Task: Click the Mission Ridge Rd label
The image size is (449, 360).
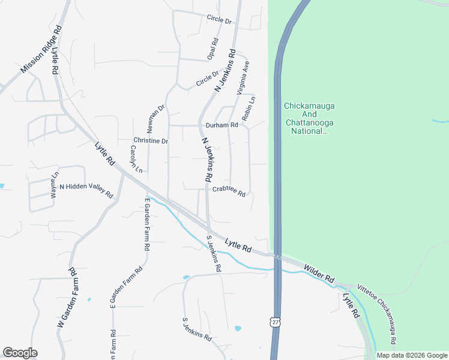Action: [41, 50]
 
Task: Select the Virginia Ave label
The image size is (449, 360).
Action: [243, 79]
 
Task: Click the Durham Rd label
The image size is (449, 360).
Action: [222, 125]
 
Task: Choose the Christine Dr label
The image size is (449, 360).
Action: [150, 140]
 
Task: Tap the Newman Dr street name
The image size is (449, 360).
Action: [157, 118]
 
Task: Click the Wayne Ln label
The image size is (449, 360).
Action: [55, 182]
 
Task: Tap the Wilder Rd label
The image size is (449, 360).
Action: [318, 274]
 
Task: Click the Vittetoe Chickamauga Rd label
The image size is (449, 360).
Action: [376, 315]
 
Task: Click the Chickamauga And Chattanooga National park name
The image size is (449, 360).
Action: [309, 118]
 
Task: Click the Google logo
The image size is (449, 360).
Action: [20, 353]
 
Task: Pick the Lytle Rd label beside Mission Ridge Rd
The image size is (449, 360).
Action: [55, 61]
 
